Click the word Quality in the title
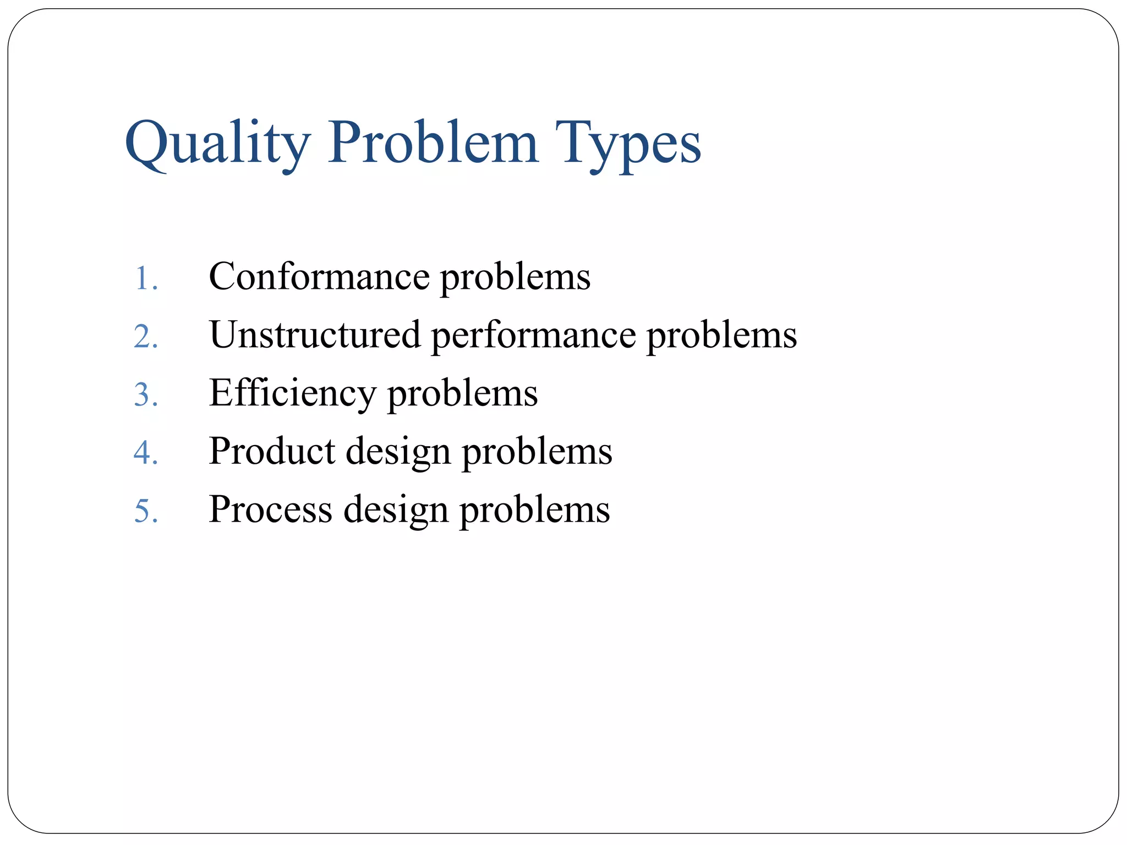217,144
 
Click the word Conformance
319,276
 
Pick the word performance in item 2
533,336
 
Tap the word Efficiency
292,394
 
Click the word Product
272,451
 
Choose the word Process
271,509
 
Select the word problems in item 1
515,277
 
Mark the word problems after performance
721,336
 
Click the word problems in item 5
535,511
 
